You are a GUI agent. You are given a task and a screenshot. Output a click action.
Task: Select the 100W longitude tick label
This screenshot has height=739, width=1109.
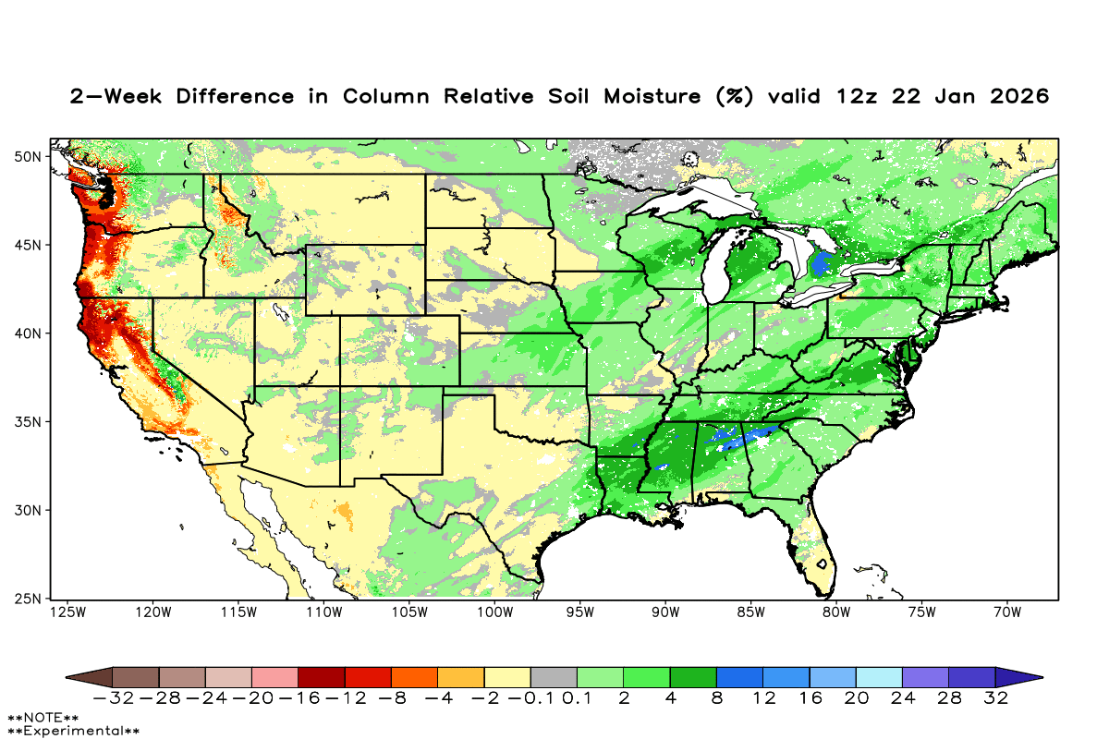click(494, 612)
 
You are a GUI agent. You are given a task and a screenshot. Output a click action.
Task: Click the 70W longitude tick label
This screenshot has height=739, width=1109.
click(1006, 612)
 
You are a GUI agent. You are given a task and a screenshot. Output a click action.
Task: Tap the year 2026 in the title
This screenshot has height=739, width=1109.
click(1016, 96)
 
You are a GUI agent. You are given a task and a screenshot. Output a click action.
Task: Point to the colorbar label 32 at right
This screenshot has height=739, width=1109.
click(995, 698)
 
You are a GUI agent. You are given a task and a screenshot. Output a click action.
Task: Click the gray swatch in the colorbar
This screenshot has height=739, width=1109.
click(554, 677)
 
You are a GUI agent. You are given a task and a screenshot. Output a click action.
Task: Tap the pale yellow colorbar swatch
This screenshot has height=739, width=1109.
click(507, 677)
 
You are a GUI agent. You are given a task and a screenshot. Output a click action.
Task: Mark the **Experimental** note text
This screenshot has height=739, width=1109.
click(73, 731)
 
